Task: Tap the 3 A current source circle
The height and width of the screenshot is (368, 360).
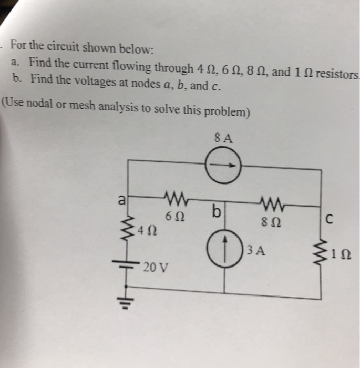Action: [x=225, y=248]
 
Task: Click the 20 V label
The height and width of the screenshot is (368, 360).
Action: [x=156, y=267]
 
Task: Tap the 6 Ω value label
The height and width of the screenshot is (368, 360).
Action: [x=174, y=216]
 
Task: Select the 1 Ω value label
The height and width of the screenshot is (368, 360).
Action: [x=341, y=256]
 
